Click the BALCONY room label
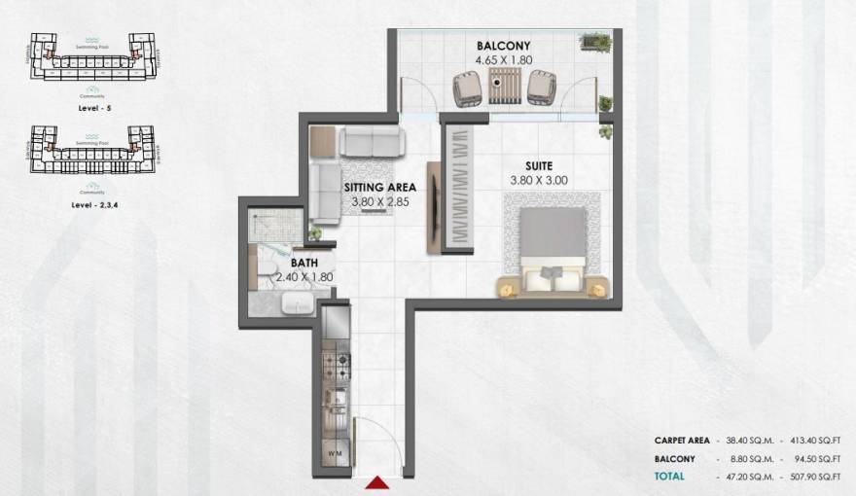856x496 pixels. pyautogui.click(x=503, y=46)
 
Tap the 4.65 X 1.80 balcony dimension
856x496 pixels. pyautogui.click(x=503, y=60)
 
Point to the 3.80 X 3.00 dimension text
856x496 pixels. pyautogui.click(x=539, y=180)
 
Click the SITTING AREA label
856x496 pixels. pyautogui.click(x=379, y=188)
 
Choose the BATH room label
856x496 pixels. pyautogui.click(x=304, y=263)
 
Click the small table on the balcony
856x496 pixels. pyautogui.click(x=503, y=90)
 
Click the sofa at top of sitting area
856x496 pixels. pyautogui.click(x=370, y=143)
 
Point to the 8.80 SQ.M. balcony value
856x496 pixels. pyautogui.click(x=747, y=458)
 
